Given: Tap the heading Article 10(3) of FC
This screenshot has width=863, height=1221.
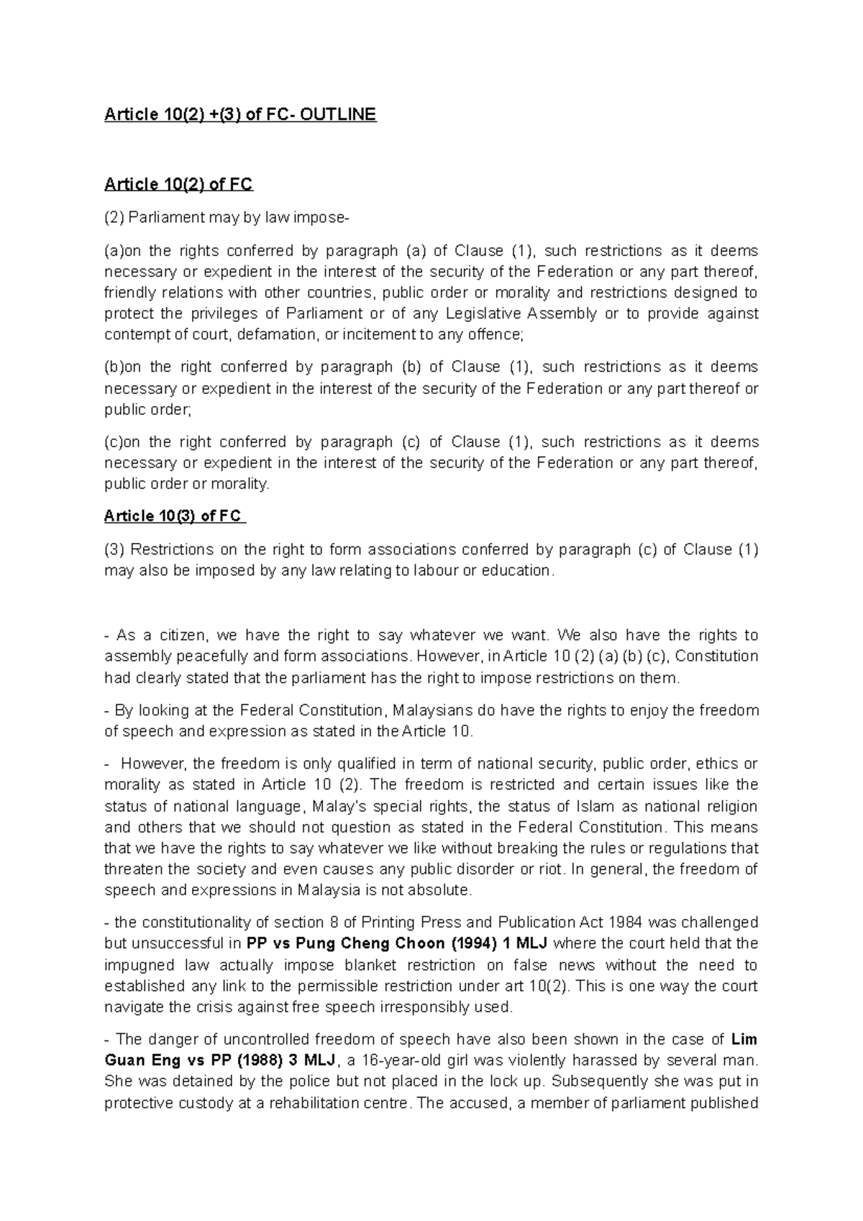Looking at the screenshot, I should [x=174, y=516].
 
